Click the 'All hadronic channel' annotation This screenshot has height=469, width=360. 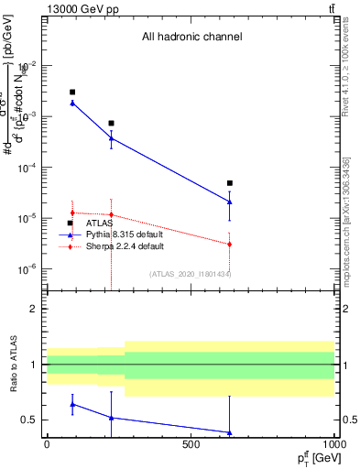pos(191,38)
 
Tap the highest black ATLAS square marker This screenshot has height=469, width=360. pos(72,93)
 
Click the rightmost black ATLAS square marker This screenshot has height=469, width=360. pos(230,183)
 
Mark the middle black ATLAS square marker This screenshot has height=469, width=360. pos(111,123)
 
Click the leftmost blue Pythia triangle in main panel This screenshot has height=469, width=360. pos(72,103)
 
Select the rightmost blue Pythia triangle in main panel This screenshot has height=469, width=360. pos(230,202)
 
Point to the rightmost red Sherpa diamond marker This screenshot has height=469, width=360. pos(230,245)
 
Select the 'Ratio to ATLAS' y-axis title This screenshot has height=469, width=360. pos(13,365)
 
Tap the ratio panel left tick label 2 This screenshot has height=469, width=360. pos(33,310)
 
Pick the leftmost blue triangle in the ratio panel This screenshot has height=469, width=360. pos(72,404)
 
